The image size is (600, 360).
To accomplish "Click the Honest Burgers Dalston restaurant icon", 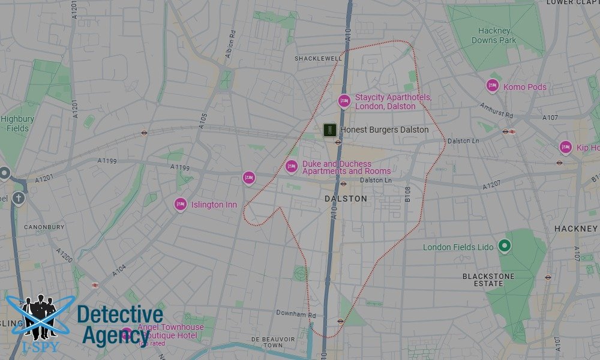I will [329, 130].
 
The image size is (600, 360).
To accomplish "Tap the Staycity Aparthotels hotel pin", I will [344, 101].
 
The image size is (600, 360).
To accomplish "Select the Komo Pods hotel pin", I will [492, 86].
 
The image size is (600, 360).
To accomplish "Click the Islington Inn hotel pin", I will [180, 205].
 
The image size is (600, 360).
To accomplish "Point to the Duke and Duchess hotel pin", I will [292, 166].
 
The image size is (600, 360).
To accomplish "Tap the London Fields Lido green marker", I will [505, 246].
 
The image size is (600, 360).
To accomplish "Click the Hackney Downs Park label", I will [494, 35].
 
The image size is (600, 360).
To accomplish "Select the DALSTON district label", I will [346, 198].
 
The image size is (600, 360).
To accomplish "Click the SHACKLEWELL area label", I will [318, 58].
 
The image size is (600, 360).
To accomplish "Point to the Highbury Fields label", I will [17, 124].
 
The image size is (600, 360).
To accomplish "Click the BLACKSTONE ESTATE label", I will [488, 280].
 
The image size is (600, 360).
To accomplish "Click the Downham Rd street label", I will [295, 314].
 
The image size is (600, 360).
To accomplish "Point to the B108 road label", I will [407, 193].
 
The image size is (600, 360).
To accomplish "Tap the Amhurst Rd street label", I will [496, 110].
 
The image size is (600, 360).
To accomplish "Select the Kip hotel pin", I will [565, 146].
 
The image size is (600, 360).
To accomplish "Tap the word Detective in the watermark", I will [120, 315].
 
